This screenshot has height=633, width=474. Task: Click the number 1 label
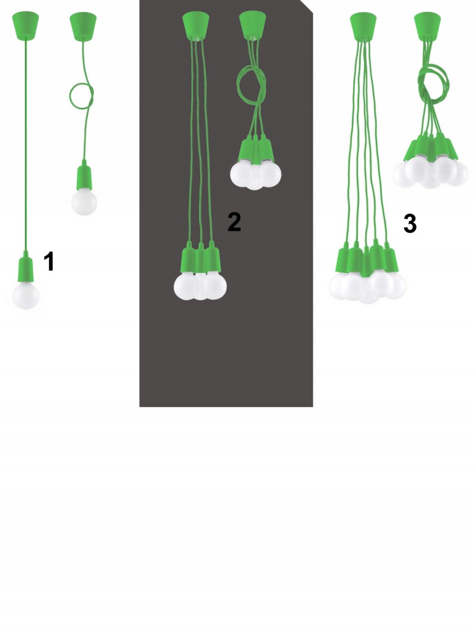(49, 261)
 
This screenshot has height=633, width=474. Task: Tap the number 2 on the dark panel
(234, 222)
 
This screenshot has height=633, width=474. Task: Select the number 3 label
(410, 224)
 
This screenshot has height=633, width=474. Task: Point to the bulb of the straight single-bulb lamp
(26, 295)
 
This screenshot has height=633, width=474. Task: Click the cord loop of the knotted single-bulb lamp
(81, 96)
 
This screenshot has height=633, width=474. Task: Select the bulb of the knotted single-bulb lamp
(84, 202)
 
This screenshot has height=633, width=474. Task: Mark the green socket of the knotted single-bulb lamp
(84, 175)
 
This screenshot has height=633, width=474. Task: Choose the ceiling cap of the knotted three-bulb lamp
(253, 25)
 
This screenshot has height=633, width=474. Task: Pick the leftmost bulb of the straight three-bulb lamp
(187, 286)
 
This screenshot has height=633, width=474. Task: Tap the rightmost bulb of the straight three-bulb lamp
(214, 285)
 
